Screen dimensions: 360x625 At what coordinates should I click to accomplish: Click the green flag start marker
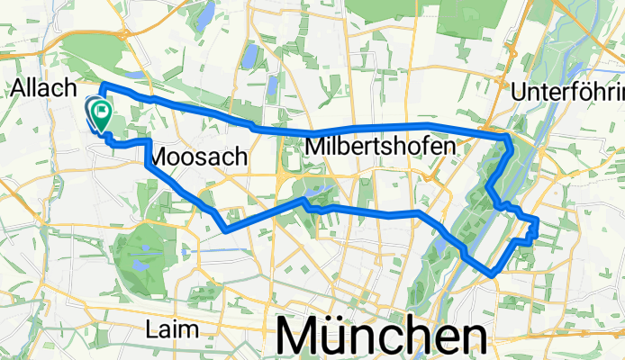point(99,114)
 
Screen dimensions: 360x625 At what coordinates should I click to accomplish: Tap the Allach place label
point(40,87)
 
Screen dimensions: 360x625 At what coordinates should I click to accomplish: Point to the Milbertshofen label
point(383,145)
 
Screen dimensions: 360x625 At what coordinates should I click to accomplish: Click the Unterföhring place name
point(567,93)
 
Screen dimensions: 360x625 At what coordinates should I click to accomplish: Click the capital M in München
point(302,337)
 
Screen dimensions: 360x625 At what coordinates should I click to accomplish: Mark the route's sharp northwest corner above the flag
point(102,85)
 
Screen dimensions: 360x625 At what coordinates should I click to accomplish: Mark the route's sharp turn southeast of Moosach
point(223,229)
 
